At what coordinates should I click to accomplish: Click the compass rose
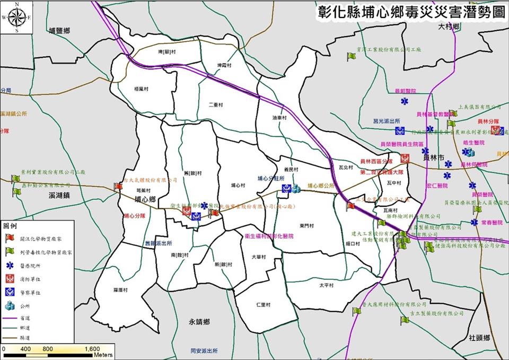(x=16, y=17)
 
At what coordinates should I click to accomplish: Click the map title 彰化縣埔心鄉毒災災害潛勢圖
(x=410, y=13)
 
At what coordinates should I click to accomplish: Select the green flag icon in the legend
(x=8, y=252)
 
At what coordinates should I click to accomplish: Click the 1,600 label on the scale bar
(x=92, y=349)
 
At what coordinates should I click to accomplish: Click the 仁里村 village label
(x=263, y=305)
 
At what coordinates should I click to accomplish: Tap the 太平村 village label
(x=327, y=285)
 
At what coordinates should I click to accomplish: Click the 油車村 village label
(x=279, y=118)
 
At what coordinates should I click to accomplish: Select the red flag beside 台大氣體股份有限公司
(x=118, y=187)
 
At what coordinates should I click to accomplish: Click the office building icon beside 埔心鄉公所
(x=296, y=187)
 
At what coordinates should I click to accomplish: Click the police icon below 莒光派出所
(x=398, y=131)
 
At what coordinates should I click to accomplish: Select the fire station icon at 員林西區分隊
(x=405, y=158)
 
